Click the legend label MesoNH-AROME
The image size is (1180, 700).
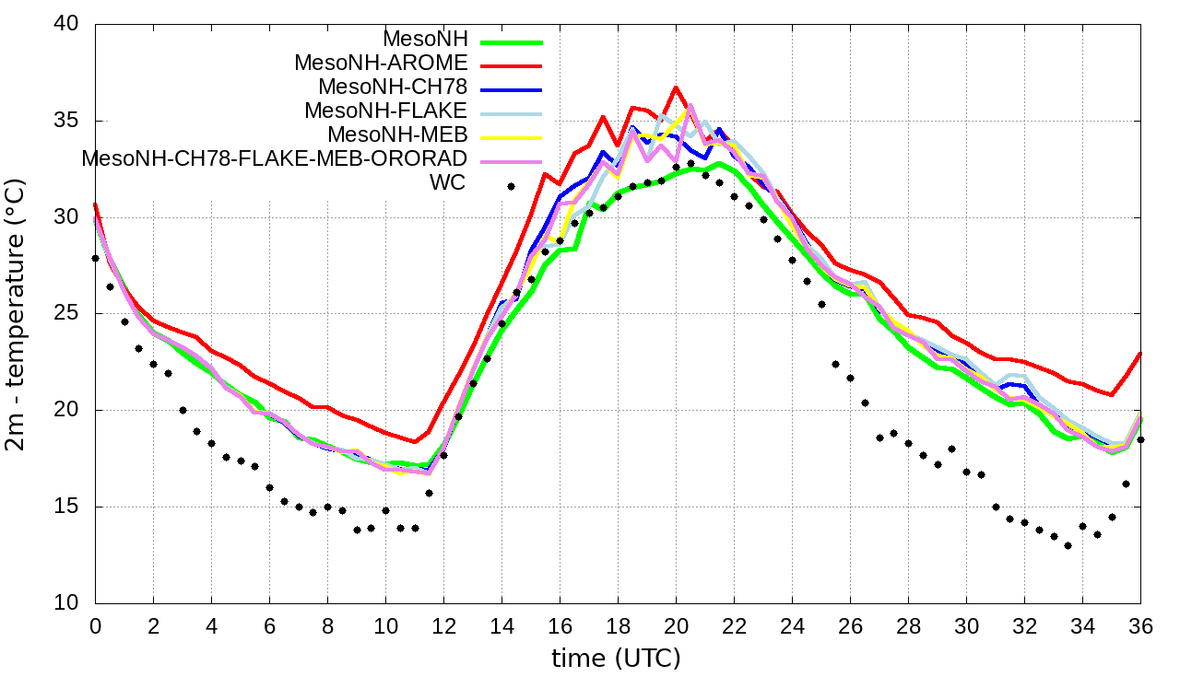381,64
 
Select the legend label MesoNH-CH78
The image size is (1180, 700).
393,87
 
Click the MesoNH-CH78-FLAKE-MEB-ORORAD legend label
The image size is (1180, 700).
274,157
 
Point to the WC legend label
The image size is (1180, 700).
448,181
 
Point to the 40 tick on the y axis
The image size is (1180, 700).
67,25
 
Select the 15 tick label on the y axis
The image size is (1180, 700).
67,507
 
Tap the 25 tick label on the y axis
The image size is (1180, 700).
67,314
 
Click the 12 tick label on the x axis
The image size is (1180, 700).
443,625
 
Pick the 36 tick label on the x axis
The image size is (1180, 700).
1140,625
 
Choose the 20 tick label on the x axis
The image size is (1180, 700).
676,625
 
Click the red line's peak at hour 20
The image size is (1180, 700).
676,87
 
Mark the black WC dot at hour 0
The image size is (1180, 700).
95,259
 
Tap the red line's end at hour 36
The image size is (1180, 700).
1140,353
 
